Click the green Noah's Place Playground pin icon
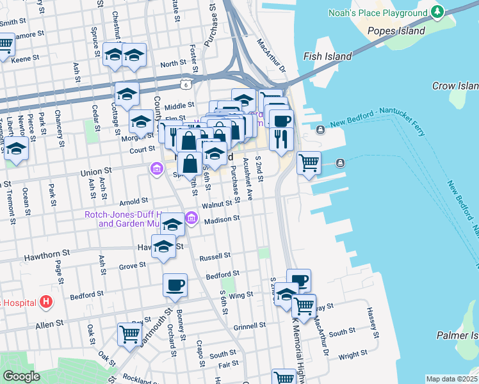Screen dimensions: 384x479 (437, 12)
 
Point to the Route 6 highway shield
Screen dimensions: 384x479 (186, 84)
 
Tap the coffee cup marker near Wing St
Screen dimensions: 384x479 (175, 285)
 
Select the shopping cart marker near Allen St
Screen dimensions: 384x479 (129, 334)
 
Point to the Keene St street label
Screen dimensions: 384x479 (26, 59)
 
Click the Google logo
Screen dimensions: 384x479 (20, 376)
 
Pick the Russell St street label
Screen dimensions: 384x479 (215, 256)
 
